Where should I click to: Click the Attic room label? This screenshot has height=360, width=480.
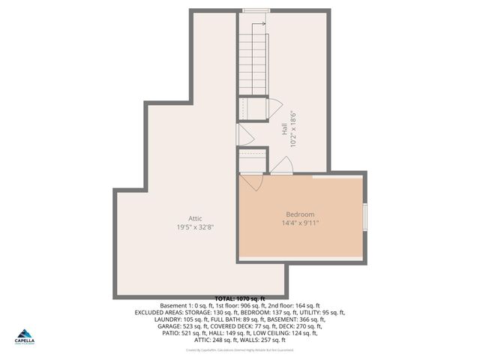click(x=195, y=218)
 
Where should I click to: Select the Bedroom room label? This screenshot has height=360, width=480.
click(x=300, y=214)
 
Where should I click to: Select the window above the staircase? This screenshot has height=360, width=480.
click(x=256, y=10)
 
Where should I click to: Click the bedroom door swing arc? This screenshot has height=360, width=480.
click(x=253, y=182)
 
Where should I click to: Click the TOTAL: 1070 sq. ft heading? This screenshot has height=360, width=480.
click(x=240, y=299)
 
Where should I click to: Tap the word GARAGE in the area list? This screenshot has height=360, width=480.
click(x=170, y=326)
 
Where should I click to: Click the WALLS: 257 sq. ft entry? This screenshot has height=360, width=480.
click(x=271, y=340)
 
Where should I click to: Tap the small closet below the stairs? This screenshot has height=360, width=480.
click(x=253, y=108)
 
